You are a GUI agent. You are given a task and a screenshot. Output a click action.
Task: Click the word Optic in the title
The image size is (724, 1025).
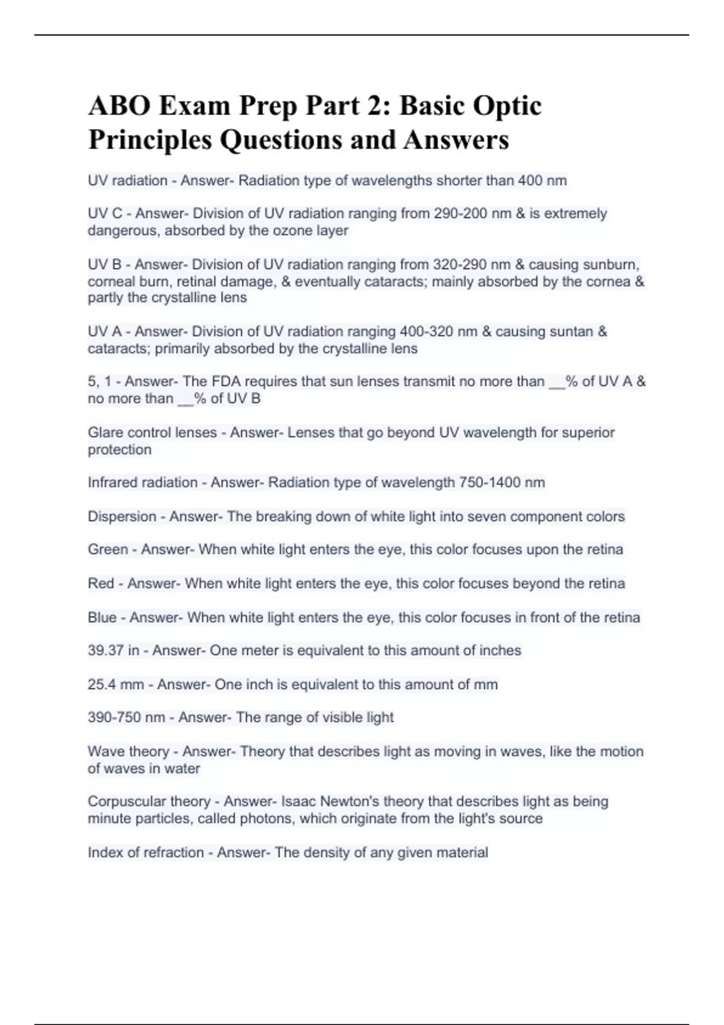coord(507,106)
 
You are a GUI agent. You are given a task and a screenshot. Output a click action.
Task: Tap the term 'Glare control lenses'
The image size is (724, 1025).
coord(152,432)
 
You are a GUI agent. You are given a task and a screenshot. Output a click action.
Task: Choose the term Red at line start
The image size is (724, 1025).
coord(101,584)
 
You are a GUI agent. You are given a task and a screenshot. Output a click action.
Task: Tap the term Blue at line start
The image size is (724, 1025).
coord(102,617)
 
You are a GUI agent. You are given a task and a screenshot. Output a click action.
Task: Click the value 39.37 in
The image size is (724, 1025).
coord(113,651)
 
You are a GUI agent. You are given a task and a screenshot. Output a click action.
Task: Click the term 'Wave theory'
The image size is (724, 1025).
coord(128,751)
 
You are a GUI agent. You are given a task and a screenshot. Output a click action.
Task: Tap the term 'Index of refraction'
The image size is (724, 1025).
coord(145,853)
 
